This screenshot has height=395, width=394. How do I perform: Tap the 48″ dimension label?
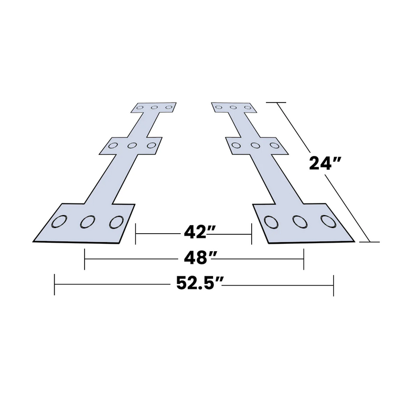tap(193, 259)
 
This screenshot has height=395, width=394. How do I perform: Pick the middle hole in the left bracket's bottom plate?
tap(87, 222)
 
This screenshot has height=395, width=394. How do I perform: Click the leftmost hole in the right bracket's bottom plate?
tap(270, 222)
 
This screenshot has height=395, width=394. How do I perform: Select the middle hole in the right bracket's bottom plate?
tap(299, 222)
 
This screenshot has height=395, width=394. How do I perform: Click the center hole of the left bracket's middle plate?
tap(132, 145)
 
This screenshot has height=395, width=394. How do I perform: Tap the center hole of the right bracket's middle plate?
tap(255, 145)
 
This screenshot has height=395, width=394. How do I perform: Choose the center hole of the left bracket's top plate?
tap(154, 108)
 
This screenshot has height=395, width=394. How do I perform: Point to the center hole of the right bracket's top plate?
tap(233, 108)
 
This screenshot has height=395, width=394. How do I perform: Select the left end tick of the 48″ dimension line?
tap(85, 259)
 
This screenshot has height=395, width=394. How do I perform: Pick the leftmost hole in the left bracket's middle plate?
tap(113, 145)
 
